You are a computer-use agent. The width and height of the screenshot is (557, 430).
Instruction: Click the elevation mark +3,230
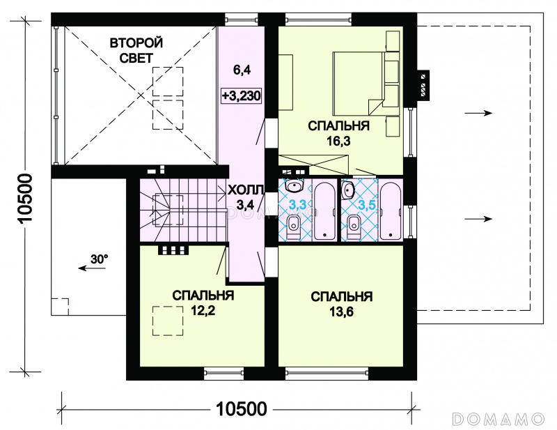[x=241, y=95]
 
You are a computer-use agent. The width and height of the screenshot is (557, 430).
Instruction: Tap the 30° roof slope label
[x=99, y=259]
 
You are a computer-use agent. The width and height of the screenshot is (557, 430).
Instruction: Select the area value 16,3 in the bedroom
[x=338, y=141]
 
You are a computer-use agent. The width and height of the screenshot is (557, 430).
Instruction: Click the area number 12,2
[x=203, y=312]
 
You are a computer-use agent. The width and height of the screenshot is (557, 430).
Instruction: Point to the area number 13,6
[x=341, y=312]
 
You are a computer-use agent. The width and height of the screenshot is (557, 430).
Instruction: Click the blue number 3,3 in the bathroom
[x=297, y=204]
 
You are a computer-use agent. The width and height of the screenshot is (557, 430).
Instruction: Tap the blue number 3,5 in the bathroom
[x=367, y=205]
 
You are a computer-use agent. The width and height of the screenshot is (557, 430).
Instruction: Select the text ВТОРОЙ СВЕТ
[x=136, y=50]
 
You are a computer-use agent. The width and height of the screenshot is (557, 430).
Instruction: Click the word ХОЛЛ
[x=246, y=190]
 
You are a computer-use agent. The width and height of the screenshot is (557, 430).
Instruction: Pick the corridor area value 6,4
[x=242, y=70]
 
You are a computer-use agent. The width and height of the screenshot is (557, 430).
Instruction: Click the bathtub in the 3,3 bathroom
[x=324, y=211]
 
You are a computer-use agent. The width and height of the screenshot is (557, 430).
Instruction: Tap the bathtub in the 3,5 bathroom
[x=391, y=211]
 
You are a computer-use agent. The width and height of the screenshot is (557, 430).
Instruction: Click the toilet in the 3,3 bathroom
[x=293, y=226]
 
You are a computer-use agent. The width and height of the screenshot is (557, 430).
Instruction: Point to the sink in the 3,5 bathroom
[x=347, y=190]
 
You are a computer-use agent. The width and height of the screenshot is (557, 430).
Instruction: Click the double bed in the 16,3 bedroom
[x=359, y=84]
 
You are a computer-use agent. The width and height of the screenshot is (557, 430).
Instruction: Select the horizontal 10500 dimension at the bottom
[x=242, y=409]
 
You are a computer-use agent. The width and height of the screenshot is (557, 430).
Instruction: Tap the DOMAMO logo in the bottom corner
[x=499, y=419]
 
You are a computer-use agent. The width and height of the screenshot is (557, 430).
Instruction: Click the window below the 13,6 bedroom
[x=327, y=372]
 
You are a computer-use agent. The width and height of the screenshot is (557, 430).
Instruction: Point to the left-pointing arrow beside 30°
[x=92, y=268]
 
